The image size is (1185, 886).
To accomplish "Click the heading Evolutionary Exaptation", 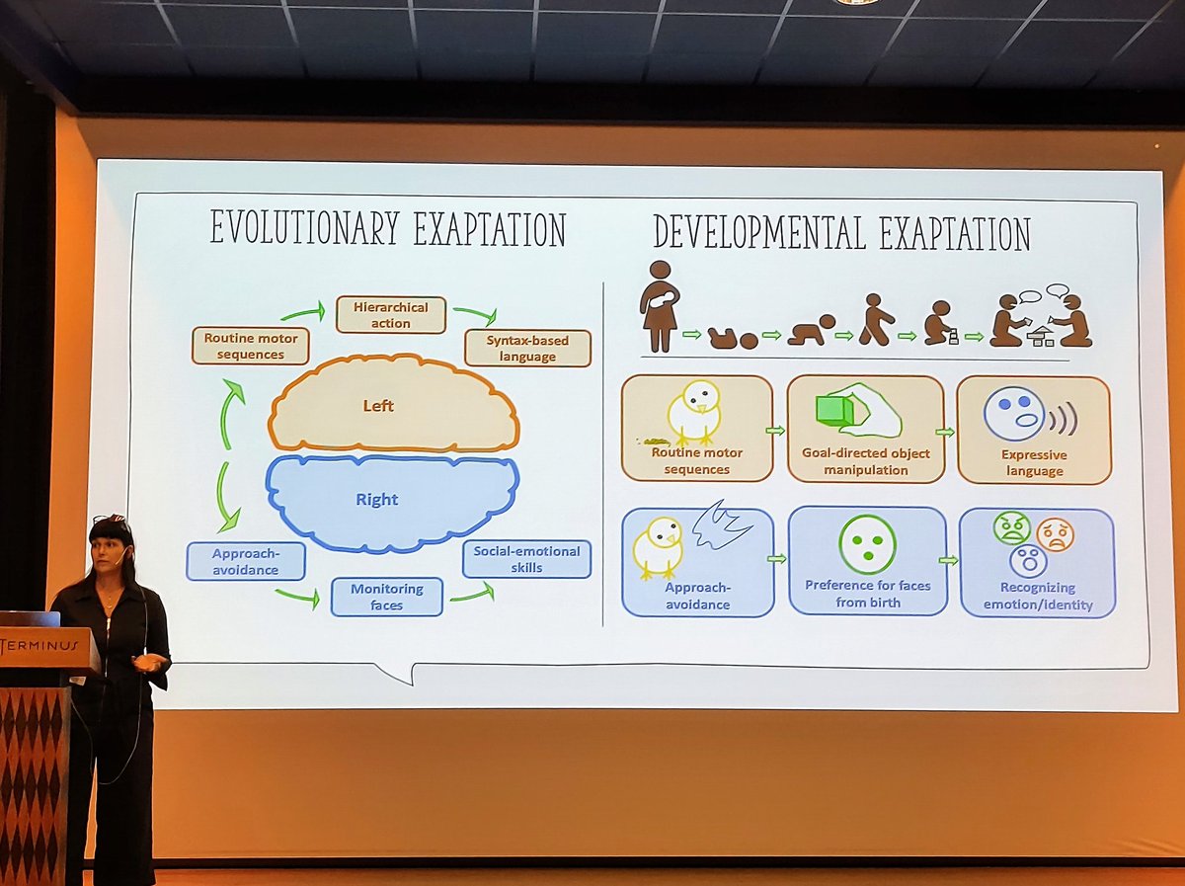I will [x=387, y=230].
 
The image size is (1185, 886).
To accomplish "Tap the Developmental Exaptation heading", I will [x=841, y=232].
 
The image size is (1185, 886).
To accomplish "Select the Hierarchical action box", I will [x=391, y=314].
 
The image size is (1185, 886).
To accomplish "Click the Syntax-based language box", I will [x=527, y=348].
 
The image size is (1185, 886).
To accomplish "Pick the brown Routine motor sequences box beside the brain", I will [x=251, y=347].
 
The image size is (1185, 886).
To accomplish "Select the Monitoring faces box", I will [x=387, y=596].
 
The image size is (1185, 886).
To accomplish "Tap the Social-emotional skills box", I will [x=526, y=559].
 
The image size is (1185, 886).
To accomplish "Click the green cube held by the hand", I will [x=835, y=409].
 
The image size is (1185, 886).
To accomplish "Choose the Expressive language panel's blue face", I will [x=1014, y=413].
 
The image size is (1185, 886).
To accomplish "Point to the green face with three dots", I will [x=867, y=544].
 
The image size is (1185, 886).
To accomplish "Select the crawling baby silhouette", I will [x=811, y=331].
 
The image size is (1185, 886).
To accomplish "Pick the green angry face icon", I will [x=1011, y=528].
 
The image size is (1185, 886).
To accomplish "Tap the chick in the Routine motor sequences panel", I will [x=695, y=411].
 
